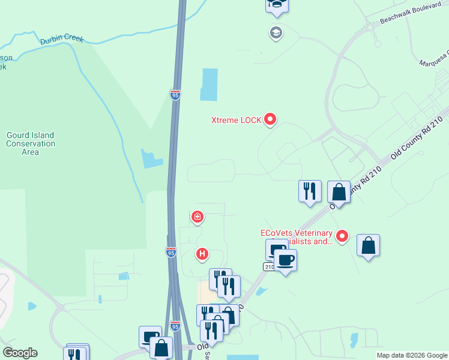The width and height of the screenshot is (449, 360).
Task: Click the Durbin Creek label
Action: pos(62,40)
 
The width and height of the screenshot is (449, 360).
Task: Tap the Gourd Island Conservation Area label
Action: pos(30,143)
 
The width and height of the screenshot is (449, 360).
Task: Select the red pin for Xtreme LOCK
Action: pos(270,120)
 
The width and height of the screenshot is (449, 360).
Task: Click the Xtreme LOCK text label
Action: pos(236,120)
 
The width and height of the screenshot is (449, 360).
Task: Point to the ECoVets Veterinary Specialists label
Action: pos(296,237)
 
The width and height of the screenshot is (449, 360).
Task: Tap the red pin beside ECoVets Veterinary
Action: pos(342,236)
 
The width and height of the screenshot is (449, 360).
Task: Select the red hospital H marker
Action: pos(203,254)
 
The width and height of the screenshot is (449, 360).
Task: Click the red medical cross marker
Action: pos(197,217)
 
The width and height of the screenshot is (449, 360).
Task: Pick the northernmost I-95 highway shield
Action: pos(175,95)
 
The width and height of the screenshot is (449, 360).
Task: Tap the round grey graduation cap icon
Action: pos(276,32)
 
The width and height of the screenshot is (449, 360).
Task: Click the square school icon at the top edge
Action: pos(277,5)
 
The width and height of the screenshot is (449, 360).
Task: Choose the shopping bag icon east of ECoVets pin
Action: pos(368,245)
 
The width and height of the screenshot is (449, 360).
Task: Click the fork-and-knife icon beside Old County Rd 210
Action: pos(310,191)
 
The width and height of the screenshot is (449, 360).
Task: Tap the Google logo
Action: pos(20,353)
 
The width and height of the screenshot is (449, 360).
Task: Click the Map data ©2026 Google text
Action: pos(412,355)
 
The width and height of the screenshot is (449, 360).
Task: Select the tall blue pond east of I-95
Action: pos(209,84)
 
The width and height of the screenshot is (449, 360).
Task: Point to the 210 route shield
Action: pos(268,266)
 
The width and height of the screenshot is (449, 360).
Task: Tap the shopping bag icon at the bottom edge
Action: pos(161,347)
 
